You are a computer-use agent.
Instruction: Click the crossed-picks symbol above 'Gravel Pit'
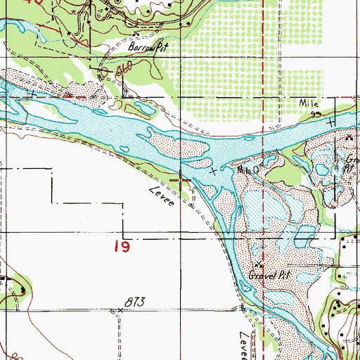click(258, 265)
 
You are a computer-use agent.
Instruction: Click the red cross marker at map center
click(181, 181)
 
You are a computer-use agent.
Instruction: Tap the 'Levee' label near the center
click(161, 199)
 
